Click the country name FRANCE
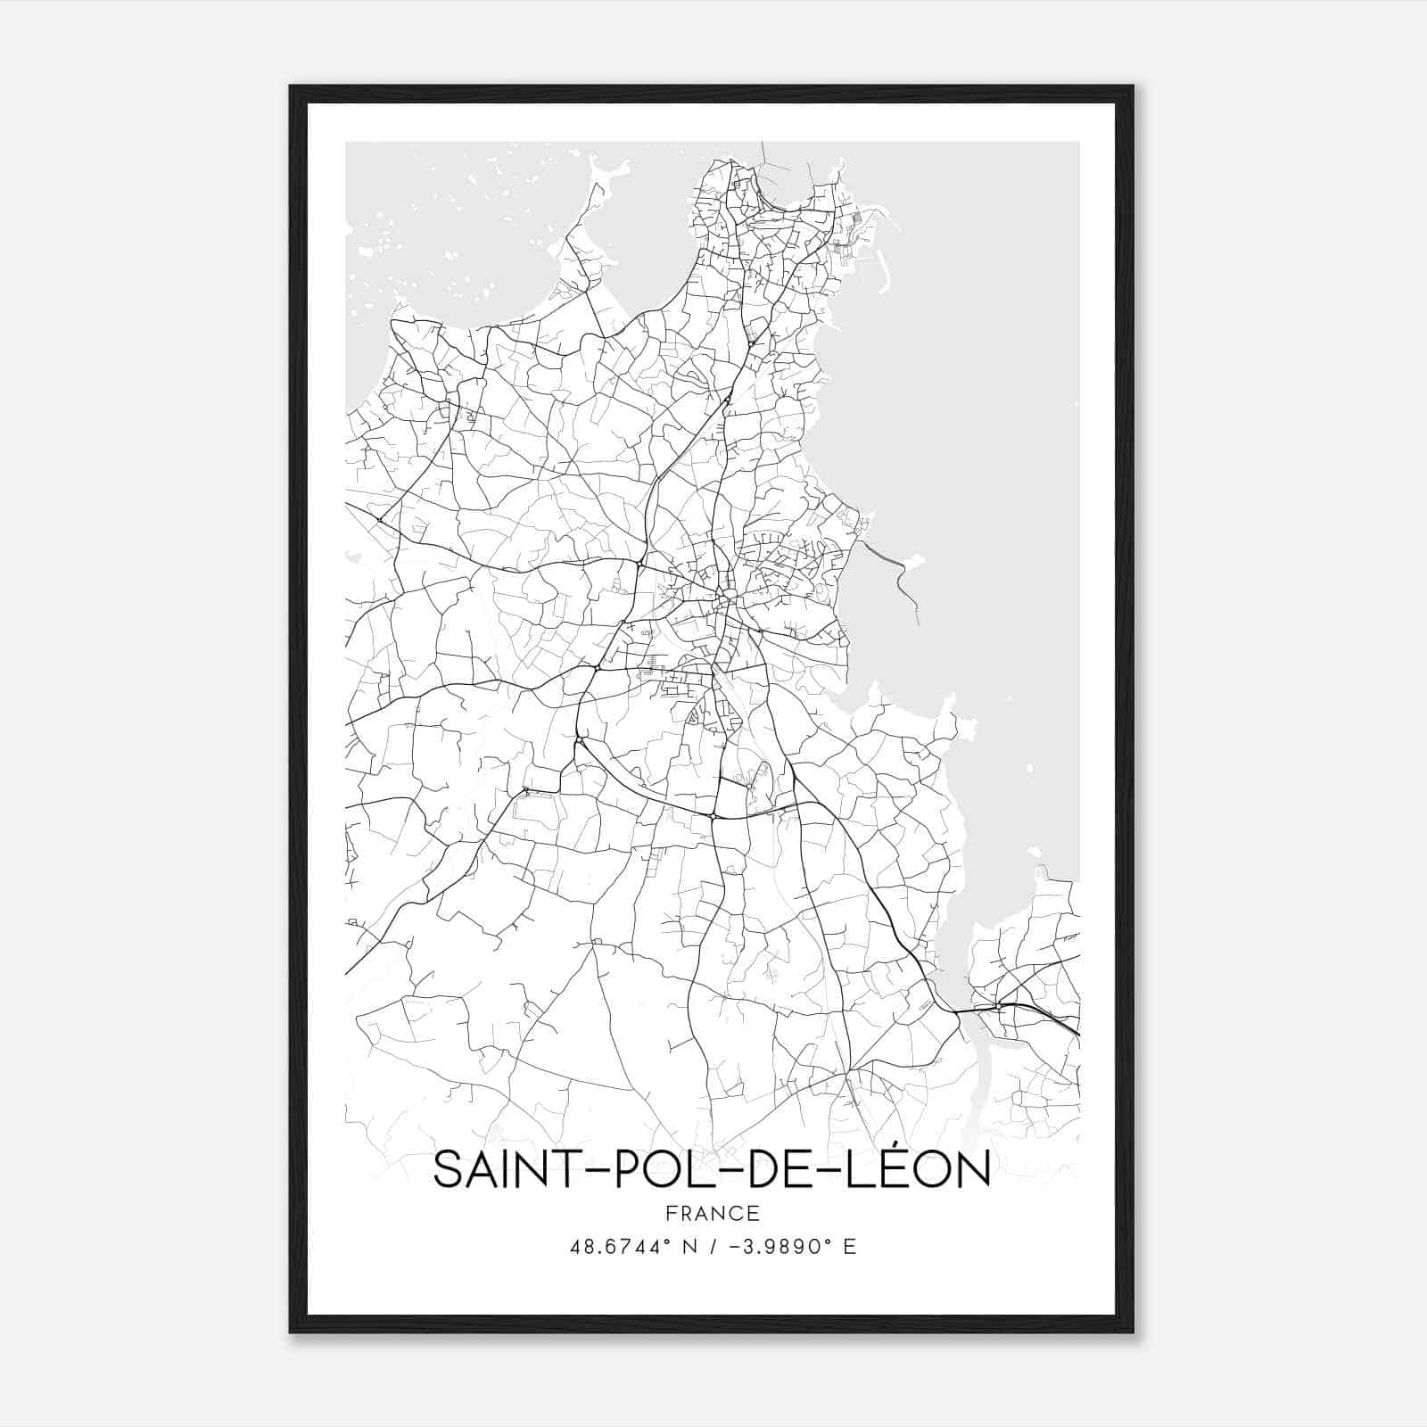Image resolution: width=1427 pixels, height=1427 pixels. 713,1214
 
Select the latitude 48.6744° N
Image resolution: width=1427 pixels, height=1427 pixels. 627,1247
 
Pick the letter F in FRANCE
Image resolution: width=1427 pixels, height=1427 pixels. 671,1214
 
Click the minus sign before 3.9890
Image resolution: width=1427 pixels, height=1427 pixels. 734,1247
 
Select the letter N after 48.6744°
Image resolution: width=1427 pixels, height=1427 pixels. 687,1247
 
